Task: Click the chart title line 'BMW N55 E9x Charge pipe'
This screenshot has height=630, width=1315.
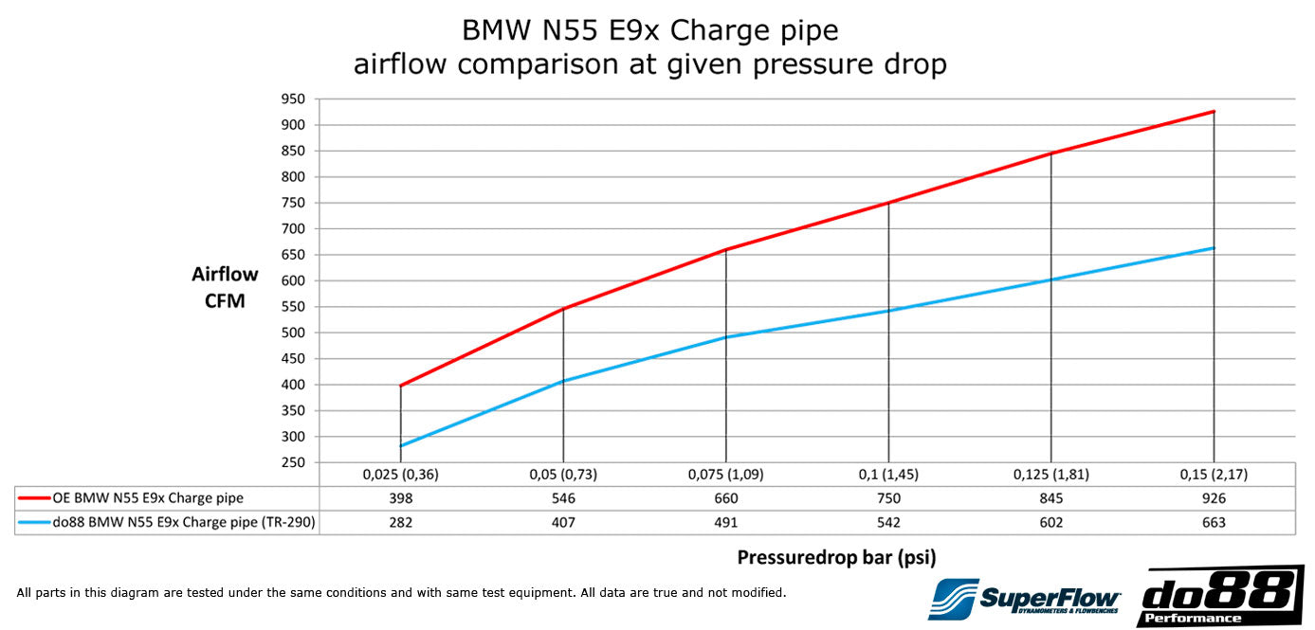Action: coord(649,30)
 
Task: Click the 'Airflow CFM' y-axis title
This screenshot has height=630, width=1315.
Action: coord(225,287)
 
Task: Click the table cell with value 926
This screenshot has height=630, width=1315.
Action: coord(1213,498)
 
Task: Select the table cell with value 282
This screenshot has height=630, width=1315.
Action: coord(400,523)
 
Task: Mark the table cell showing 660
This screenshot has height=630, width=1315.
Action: coord(725,498)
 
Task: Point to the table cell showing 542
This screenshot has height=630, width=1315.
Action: coord(888,523)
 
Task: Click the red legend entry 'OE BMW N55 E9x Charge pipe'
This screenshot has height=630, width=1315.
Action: coord(148,498)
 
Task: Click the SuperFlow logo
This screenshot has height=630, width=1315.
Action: coord(1024,599)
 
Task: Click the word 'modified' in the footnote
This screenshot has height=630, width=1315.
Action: coord(757,593)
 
